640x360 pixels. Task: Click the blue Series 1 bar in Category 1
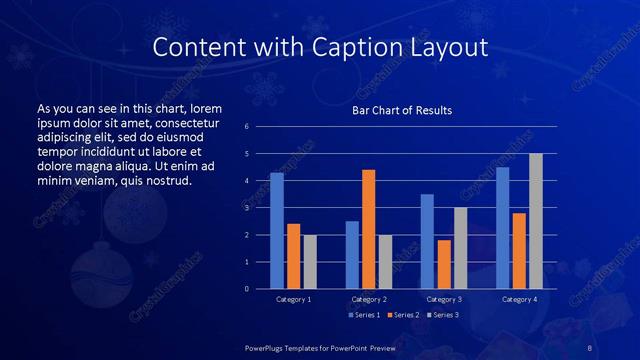click(277, 231)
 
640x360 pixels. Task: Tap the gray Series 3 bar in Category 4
click(536, 221)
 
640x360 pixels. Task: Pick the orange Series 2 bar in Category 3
click(444, 264)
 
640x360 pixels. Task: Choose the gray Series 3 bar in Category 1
click(310, 262)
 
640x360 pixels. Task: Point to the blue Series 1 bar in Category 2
click(352, 255)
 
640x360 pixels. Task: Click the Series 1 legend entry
click(364, 315)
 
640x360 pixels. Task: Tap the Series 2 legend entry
click(402, 315)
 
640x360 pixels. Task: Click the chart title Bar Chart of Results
click(402, 110)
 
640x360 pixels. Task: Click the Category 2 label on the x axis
click(369, 299)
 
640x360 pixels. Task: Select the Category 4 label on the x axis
click(519, 299)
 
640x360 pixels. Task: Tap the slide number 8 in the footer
click(590, 347)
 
